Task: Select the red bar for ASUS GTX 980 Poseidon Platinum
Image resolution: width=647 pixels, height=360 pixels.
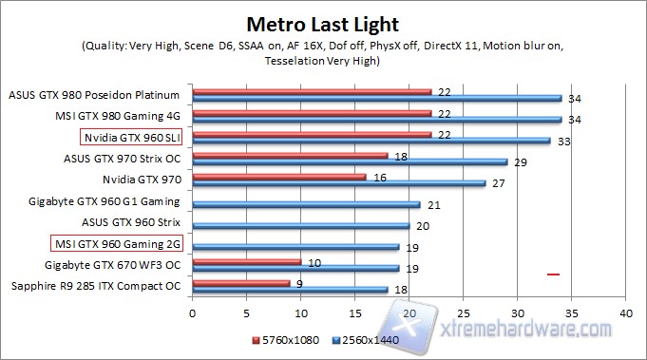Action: (312, 92)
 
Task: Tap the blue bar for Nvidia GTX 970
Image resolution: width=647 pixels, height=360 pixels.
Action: (339, 183)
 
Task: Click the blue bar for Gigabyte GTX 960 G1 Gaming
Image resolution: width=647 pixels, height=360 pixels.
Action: (306, 204)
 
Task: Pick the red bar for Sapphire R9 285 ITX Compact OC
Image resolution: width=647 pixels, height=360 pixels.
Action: (241, 282)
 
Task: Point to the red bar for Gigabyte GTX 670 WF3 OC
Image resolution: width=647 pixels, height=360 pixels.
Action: (247, 261)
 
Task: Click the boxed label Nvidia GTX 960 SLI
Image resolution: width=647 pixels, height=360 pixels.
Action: (134, 137)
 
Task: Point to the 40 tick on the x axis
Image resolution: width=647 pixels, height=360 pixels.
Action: (625, 312)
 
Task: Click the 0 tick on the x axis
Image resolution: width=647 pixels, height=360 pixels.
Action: (193, 312)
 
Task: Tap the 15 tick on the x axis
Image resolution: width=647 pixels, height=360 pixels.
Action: (355, 312)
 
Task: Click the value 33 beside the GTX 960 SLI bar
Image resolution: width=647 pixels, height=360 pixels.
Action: (563, 142)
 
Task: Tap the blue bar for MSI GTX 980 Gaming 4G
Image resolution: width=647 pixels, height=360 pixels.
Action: (377, 120)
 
